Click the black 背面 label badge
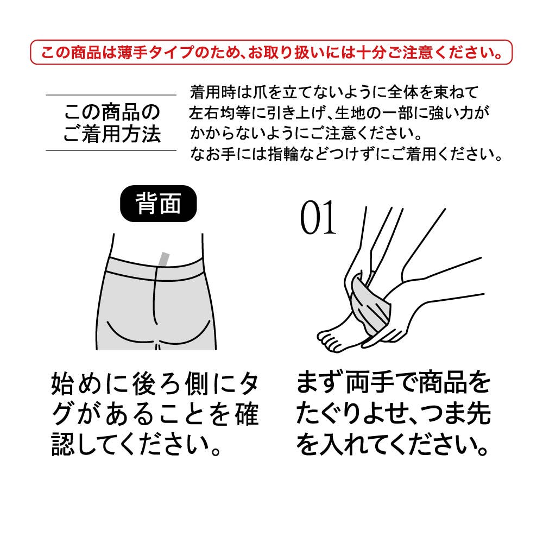click(158, 204)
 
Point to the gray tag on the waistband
click(164, 260)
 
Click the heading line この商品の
click(111, 112)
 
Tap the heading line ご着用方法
click(111, 134)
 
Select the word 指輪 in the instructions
click(283, 154)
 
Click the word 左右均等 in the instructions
click(219, 113)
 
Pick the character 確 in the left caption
click(246, 413)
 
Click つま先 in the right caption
click(455, 413)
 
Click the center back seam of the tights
click(155, 298)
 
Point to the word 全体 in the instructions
click(403, 92)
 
